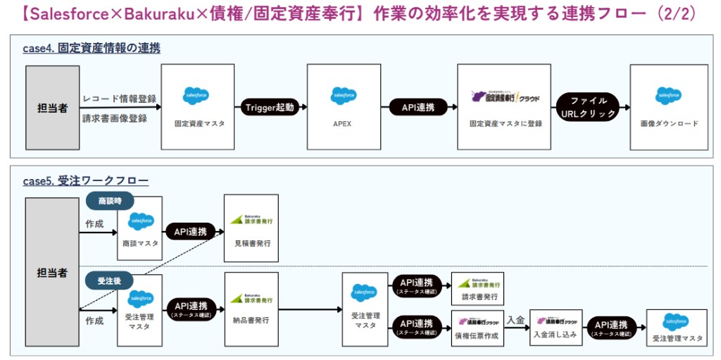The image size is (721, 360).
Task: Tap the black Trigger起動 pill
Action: click(270, 107)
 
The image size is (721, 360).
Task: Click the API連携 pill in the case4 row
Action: click(418, 107)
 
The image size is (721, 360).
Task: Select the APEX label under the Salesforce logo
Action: click(343, 123)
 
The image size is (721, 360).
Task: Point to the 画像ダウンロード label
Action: click(668, 123)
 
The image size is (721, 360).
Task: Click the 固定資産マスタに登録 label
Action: click(506, 123)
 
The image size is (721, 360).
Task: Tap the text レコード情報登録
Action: click(120, 99)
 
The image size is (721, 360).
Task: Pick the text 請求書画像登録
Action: click(115, 118)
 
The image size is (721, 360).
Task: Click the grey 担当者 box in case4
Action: click(53, 108)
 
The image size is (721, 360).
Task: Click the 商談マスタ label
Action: click(140, 243)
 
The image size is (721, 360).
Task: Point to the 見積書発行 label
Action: click(251, 244)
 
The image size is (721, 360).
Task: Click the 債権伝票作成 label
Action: click(477, 335)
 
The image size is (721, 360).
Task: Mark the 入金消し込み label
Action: click(556, 335)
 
